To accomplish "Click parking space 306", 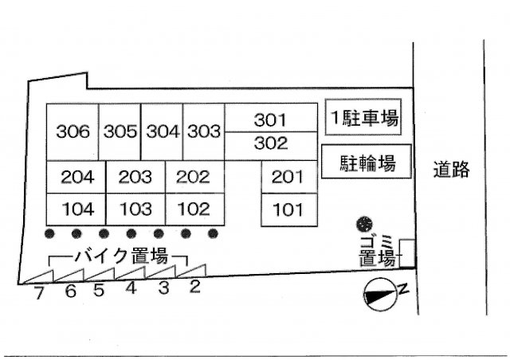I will [73, 131].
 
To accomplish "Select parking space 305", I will [120, 131].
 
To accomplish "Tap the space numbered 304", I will [163, 131].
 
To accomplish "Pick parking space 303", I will [203, 131].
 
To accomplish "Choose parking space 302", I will [269, 143].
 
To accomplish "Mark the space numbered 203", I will [135, 177].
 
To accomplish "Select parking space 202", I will [193, 177].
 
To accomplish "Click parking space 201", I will [288, 177].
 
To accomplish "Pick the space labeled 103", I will [135, 209].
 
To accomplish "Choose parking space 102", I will [193, 209].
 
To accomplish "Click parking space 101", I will [288, 210].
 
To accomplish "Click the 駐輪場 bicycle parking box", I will [368, 163].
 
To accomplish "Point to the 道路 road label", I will [451, 168].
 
